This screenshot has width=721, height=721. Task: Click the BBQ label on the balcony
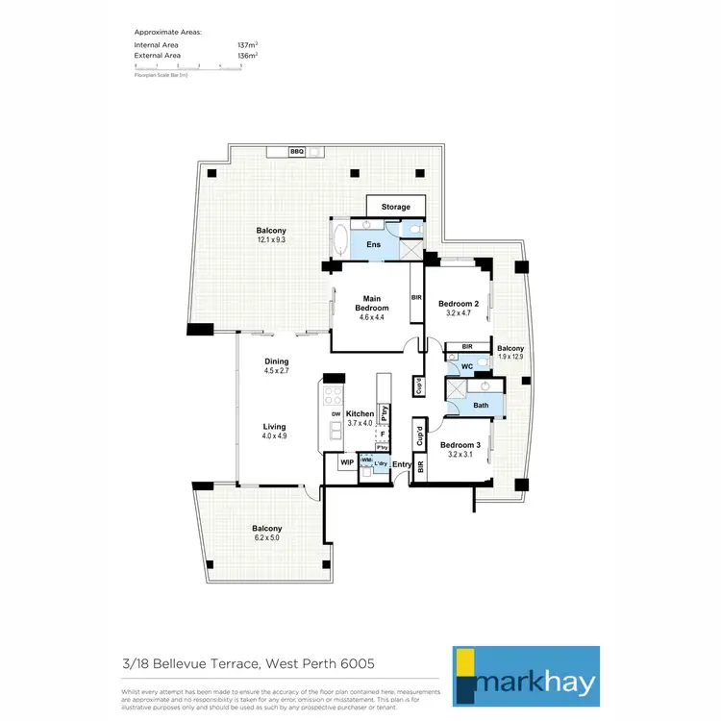coord(297,152)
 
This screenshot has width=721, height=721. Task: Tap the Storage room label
coord(396,207)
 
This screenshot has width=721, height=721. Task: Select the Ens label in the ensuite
coord(374,245)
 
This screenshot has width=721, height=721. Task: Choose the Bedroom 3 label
coord(460,445)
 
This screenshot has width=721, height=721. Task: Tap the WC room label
coord(465,367)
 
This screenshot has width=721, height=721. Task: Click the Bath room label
coord(481,406)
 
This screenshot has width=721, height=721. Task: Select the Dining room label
coord(277,362)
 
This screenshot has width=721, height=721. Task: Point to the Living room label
coord(276,426)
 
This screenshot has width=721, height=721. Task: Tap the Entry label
coord(402,465)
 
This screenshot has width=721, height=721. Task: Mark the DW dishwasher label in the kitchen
coord(336,414)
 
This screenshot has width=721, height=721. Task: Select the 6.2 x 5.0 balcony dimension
coord(267,538)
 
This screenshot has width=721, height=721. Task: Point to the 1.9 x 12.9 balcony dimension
coord(510,358)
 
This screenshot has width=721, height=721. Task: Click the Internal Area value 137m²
coord(246,45)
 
